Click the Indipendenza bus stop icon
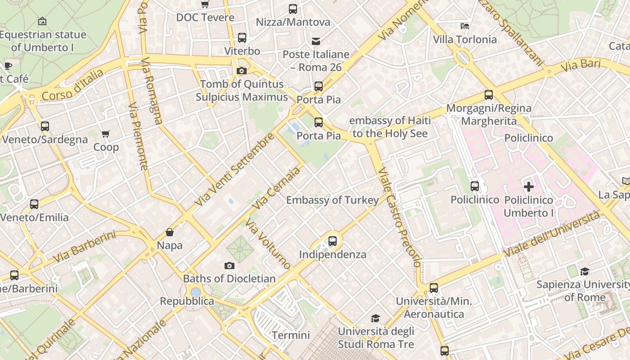pos(333,241)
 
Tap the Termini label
pos(291,335)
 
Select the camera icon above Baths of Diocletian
pos(229,265)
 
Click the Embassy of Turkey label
pos(333,200)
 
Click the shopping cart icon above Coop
pos(106,134)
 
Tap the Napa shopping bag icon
pos(170,232)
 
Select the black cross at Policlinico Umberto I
pos(529,186)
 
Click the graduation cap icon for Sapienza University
pos(585,271)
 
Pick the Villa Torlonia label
pos(465,40)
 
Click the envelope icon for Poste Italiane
pos(316,41)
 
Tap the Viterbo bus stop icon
pos(242,38)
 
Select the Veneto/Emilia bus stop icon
pos(34,204)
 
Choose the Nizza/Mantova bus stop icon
pos(293,9)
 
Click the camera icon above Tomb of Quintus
pos(242,71)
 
